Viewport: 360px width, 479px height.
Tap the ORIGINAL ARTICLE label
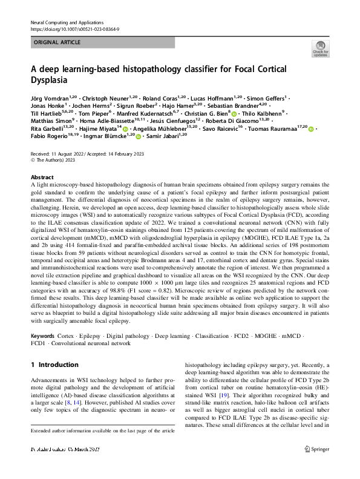[x=55, y=43]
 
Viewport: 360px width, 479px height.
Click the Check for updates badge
[x=319, y=49]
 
